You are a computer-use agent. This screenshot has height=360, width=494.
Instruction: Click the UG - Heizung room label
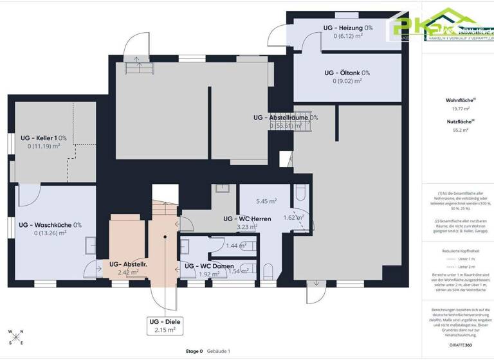point(348,28)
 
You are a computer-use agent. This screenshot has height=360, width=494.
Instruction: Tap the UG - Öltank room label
point(347,73)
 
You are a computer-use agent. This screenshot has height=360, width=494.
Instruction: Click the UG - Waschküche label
point(50,225)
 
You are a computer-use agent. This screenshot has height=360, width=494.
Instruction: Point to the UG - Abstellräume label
point(286,118)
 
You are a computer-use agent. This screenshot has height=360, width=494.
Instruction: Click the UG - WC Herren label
point(247,219)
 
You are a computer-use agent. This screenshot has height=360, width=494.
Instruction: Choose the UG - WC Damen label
point(209,266)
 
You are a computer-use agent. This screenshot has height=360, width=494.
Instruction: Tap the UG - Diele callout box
point(165,325)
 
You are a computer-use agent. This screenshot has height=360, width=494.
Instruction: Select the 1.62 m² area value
point(293,217)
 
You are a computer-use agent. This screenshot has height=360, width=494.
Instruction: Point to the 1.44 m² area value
point(237,246)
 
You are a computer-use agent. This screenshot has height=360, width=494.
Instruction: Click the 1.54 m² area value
point(238,271)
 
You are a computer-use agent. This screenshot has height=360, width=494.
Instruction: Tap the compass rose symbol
point(15,337)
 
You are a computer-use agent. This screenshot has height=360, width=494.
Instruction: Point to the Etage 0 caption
point(190,352)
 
